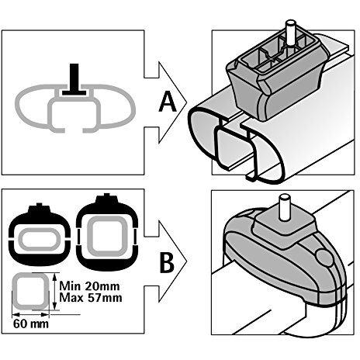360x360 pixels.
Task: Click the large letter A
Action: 168,102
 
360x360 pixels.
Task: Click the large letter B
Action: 167,263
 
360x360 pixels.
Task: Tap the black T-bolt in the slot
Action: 74,80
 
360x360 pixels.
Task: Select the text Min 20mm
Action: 89,286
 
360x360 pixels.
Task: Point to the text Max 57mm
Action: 91,298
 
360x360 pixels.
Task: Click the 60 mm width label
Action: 31,324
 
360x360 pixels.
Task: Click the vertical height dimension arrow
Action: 54,291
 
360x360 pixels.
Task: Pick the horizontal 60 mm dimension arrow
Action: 31,314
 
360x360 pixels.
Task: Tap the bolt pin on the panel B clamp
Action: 284,207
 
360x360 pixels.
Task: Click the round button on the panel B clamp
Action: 324,258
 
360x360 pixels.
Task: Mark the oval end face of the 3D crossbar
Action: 234,145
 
